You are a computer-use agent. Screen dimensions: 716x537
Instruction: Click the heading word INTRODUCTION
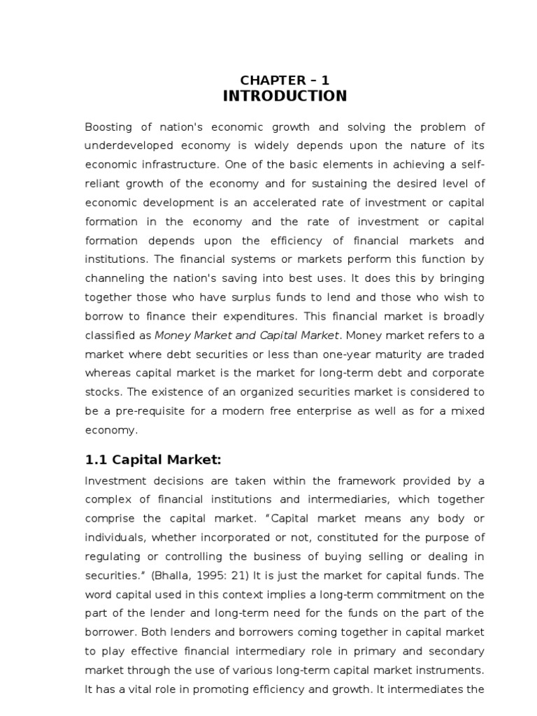[x=285, y=96]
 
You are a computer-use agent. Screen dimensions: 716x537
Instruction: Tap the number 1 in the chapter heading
[x=325, y=80]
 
